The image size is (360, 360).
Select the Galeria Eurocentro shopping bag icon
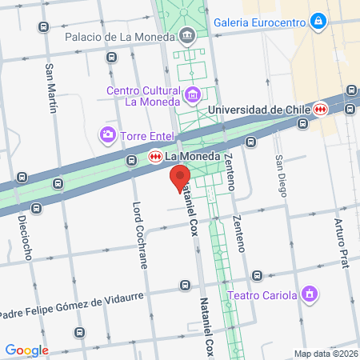[x=318, y=20]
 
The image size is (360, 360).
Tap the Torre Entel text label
[x=143, y=136]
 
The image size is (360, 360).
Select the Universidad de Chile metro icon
[x=321, y=109]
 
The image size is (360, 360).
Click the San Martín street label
[x=52, y=88]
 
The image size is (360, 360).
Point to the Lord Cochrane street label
[x=137, y=228]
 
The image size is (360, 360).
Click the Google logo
[x=26, y=350]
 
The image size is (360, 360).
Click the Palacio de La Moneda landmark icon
[x=186, y=35]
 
